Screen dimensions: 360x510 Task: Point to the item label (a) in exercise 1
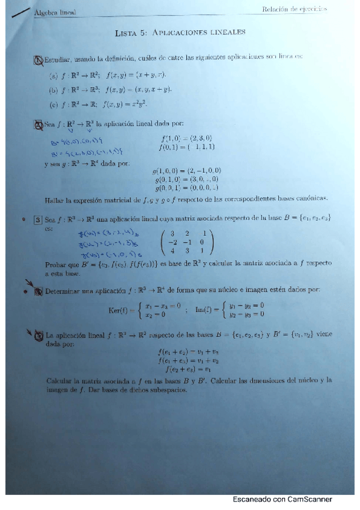tap(53, 74)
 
